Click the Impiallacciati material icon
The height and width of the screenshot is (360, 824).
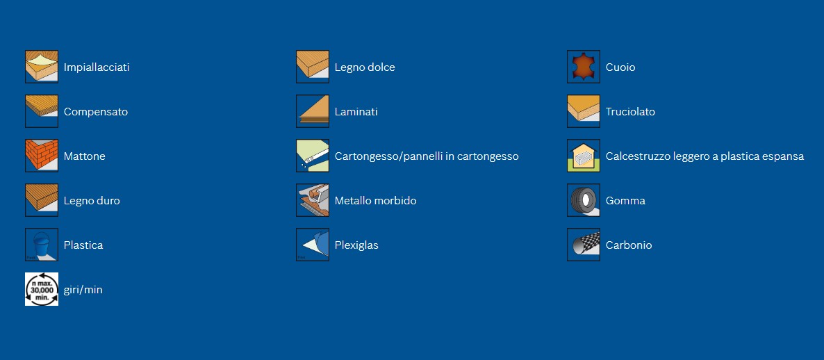[x=42, y=67]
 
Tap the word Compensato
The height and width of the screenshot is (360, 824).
[x=96, y=112]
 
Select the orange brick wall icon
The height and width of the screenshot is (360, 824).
[x=42, y=156]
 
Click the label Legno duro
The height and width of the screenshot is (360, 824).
[x=92, y=201]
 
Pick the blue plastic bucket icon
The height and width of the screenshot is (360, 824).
[x=42, y=245]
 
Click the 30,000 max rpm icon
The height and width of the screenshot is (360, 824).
[x=42, y=289]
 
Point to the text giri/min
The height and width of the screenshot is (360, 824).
[x=83, y=290]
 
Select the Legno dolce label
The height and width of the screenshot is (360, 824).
[x=365, y=67]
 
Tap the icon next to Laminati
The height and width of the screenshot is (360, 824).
[x=313, y=111]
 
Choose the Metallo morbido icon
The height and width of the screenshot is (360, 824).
[x=313, y=199]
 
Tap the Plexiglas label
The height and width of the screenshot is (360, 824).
[x=356, y=245]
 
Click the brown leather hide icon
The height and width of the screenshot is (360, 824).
[x=584, y=67]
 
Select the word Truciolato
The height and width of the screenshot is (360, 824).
[x=630, y=112]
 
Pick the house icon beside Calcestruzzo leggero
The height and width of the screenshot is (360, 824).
[x=584, y=156]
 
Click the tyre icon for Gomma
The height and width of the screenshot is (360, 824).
[x=584, y=199]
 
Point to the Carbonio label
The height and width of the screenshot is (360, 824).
[x=629, y=245]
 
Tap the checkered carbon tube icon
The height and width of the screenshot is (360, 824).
[x=584, y=245]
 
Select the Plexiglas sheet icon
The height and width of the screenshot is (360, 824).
[x=313, y=245]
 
